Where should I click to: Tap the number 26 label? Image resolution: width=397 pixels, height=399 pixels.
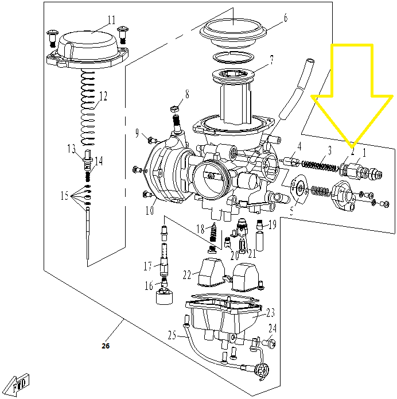coord(105,346)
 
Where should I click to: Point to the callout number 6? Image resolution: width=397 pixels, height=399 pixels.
coord(285,18)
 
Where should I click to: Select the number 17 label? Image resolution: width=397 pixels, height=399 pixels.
coord(147,266)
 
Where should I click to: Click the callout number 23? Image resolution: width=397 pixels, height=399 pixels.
coord(270,313)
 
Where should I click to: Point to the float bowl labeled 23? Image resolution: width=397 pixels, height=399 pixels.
coord(221,319)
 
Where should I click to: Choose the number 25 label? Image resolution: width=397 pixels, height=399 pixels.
coord(171,335)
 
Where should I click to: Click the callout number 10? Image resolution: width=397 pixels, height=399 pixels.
coord(149,210)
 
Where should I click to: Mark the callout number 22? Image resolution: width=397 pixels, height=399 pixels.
coord(187,274)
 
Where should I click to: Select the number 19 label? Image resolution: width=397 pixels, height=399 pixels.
coord(273,224)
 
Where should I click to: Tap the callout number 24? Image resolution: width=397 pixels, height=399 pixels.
coord(273,329)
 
